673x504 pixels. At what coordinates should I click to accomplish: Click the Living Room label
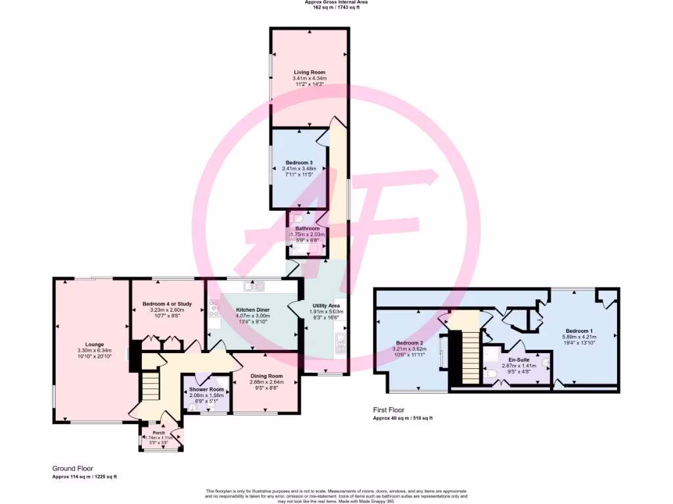309,72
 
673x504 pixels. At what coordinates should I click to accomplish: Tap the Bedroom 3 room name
299,162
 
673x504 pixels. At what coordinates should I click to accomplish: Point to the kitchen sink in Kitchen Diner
253,285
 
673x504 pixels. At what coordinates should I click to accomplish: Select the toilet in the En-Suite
492,374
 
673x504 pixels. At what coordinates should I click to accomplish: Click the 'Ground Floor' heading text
72,469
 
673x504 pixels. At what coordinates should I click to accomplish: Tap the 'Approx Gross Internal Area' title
336,3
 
